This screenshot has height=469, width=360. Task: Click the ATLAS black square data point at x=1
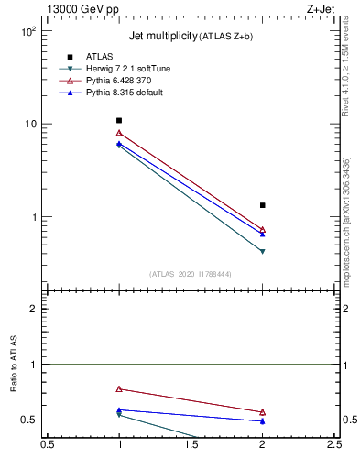119,120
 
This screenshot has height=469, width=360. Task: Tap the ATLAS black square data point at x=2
263,205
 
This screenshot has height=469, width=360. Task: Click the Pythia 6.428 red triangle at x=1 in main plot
119,133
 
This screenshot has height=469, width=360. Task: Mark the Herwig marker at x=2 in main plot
263,251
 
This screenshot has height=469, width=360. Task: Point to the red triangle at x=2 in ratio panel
263,412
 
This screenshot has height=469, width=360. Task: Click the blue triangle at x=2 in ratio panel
263,421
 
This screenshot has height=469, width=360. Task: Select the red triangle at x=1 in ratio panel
119,388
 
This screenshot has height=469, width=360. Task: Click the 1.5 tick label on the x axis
191,445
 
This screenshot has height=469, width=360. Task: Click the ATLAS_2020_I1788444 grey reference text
191,274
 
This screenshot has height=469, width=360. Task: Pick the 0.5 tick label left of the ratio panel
30,420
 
